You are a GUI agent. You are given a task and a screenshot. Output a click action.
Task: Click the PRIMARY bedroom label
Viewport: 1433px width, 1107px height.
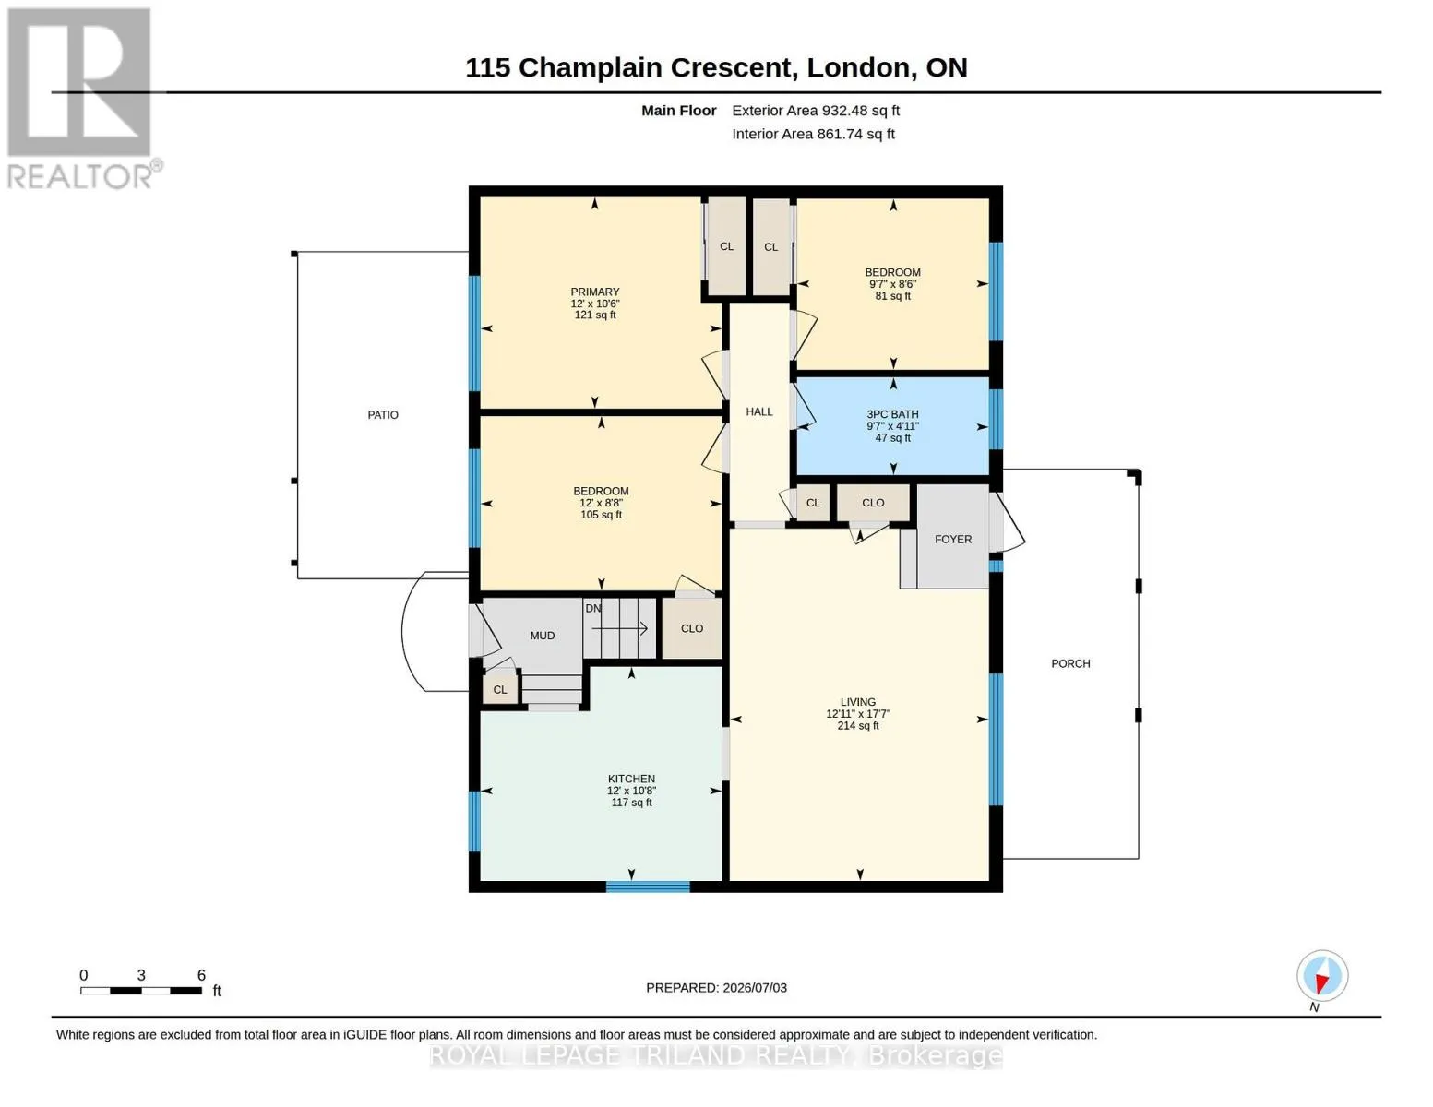595,292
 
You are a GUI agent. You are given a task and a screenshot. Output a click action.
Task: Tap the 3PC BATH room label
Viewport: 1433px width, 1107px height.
892,414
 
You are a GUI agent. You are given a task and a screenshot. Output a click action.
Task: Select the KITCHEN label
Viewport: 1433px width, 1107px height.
631,779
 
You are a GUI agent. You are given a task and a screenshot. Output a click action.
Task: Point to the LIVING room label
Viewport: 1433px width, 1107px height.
858,702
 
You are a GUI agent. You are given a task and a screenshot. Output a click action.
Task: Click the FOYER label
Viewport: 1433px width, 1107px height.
953,540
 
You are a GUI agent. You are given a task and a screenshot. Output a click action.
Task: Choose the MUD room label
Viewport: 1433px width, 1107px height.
542,636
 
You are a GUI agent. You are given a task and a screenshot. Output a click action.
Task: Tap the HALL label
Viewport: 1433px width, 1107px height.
759,411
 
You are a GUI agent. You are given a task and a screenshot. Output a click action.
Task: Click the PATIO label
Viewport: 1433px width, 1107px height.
383,415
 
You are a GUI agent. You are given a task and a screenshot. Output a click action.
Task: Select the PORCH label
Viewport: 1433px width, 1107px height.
1070,663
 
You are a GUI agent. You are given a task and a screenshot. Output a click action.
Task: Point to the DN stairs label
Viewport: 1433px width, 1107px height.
592,609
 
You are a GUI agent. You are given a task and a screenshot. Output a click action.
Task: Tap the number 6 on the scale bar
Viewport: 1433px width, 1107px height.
201,975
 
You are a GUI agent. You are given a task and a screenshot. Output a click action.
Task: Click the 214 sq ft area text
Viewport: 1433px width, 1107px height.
858,726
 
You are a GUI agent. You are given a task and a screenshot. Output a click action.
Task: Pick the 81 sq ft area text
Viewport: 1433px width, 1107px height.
892,296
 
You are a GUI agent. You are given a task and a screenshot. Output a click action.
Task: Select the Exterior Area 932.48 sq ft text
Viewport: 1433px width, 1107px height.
816,111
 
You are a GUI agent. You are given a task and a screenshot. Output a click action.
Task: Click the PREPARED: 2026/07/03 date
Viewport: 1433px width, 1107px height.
716,988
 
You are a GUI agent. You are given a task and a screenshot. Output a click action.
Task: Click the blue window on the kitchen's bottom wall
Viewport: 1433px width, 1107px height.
648,887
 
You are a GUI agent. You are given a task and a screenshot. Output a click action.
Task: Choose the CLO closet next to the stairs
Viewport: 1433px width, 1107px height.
692,628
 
